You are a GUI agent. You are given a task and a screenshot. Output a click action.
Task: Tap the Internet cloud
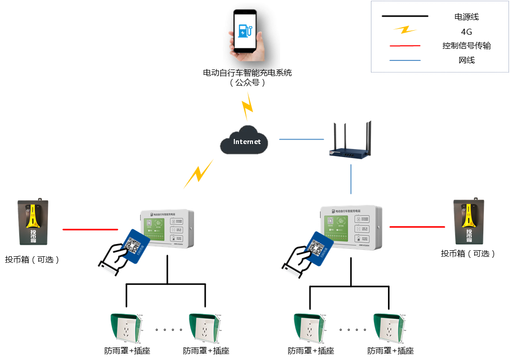[244, 141]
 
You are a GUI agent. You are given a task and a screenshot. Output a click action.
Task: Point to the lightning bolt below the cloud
[199, 174]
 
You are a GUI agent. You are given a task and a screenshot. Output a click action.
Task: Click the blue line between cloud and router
[301, 139]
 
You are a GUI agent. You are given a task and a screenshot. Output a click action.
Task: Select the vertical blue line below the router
[351, 179]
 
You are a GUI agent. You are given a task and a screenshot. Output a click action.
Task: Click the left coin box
[33, 222]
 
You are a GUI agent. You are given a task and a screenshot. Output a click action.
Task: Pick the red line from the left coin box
[90, 230]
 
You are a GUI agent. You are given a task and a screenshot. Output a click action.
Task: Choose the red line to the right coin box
[417, 227]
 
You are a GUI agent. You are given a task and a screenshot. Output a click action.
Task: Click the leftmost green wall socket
[125, 328]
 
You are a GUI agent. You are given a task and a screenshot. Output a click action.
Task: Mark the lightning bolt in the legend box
[405, 30]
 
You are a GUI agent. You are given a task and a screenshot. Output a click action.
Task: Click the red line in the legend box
[405, 46]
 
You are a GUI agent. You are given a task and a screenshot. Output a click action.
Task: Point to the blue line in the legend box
[405, 60]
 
